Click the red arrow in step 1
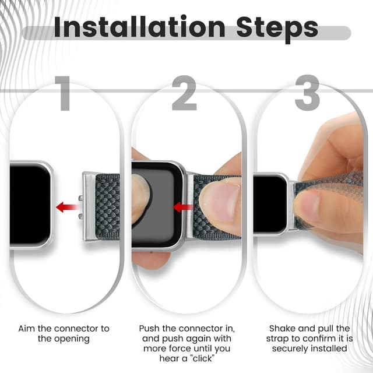(68, 206)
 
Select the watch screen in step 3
(269, 203)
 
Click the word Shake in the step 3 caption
(282, 329)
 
